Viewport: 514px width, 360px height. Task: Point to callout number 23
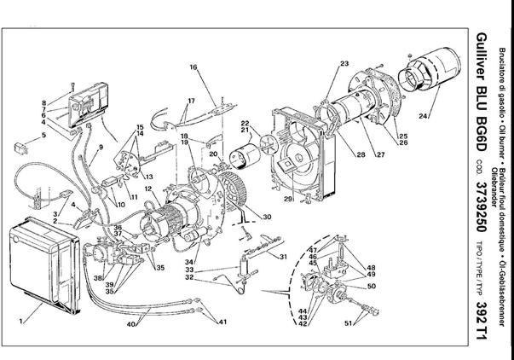coord(344,64)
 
